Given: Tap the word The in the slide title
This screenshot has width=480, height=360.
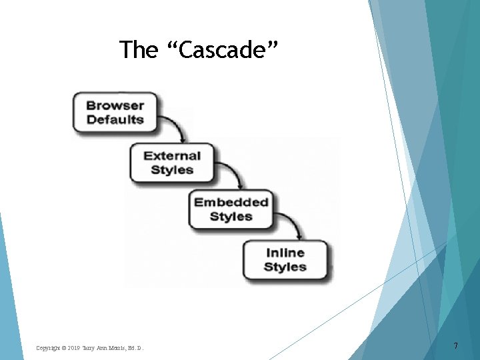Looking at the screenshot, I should tap(138, 50).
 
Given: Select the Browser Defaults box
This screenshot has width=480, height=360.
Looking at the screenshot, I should tap(115, 112).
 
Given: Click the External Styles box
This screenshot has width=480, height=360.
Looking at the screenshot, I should tap(172, 163).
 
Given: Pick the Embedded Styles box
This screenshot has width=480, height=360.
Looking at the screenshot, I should tap(231, 209).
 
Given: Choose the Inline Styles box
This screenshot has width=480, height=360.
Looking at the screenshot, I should tap(285, 260).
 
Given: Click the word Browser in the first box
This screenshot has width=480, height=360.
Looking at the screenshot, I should tap(115, 105).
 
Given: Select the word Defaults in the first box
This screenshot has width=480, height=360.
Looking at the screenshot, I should tap(115, 120).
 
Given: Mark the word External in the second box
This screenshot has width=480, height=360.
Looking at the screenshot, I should tap(172, 156).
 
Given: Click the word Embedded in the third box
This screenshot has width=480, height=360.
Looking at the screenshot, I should tap(231, 202).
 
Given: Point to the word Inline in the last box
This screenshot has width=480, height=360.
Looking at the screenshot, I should tap(285, 253).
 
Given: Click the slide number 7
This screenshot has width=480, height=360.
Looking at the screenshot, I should tap(455, 346).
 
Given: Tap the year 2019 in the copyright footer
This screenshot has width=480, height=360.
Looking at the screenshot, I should tap(73, 348).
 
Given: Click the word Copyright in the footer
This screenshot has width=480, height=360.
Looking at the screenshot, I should tap(47, 348).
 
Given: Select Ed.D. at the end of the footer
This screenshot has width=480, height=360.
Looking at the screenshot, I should tap(133, 348).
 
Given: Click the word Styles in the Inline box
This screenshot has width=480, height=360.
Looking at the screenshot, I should tap(285, 267).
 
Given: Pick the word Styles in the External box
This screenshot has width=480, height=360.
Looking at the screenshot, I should tap(172, 170).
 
